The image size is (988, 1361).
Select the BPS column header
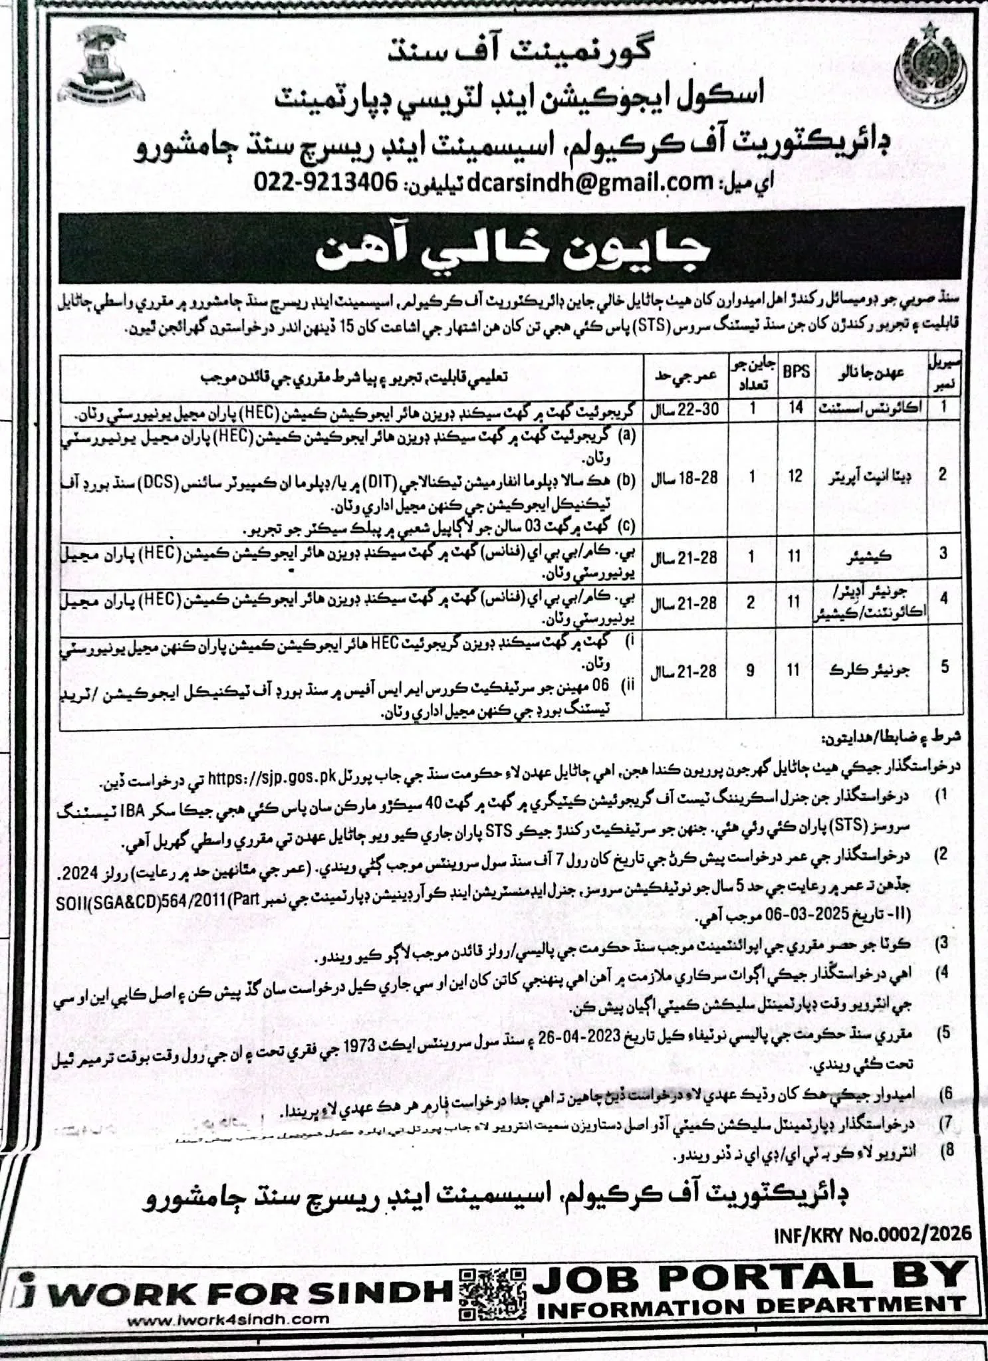pos(796,371)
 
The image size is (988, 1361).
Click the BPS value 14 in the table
pos(796,408)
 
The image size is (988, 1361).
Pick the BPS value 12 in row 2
pos(796,476)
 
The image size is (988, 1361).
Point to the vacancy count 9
pos(751,671)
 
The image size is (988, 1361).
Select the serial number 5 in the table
pos(944,667)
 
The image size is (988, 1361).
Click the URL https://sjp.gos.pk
pos(276,777)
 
